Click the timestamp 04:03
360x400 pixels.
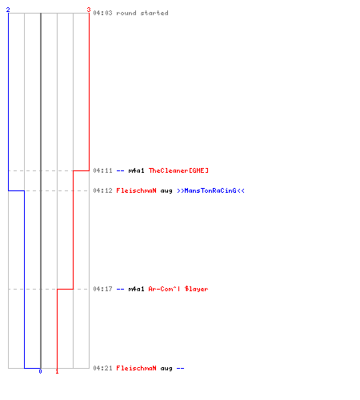coord(102,13)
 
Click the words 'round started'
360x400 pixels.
coord(142,13)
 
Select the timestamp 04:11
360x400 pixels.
coord(102,170)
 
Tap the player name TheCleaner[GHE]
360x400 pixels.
coord(178,170)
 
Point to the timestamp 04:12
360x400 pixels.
coord(102,190)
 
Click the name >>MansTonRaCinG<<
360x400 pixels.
coord(210,190)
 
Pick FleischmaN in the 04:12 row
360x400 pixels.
coord(136,190)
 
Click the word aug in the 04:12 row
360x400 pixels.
coord(166,191)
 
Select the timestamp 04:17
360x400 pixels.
coord(102,289)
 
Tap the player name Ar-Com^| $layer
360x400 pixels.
coord(178,289)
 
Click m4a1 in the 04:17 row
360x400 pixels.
coord(136,289)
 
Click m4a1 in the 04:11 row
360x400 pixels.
coord(136,170)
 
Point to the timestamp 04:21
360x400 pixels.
coord(102,368)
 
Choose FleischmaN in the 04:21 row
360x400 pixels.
coord(136,368)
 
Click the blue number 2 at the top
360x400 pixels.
coord(8,10)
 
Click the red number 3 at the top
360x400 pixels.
coord(89,10)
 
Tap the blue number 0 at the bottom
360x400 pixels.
coord(40,371)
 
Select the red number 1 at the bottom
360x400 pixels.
coord(57,371)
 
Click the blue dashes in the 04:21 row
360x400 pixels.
coord(181,369)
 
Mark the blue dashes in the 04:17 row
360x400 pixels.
coord(120,289)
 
